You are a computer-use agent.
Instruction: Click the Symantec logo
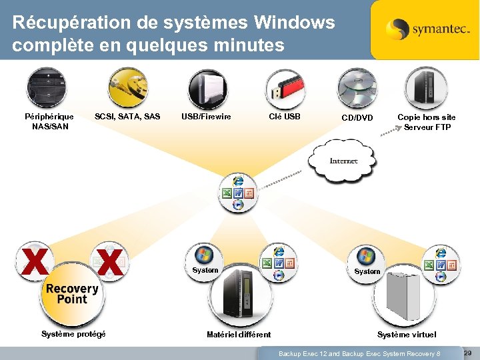(x=424, y=29)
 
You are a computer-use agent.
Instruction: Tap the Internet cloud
(x=343, y=160)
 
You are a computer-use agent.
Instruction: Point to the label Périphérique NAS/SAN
(x=49, y=121)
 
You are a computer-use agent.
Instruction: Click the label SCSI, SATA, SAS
(x=127, y=117)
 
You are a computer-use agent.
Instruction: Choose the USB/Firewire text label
(x=206, y=117)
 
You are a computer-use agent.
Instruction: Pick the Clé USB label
(x=285, y=117)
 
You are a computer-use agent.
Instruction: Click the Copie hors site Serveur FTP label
(x=427, y=122)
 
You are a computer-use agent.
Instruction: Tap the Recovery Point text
(x=72, y=293)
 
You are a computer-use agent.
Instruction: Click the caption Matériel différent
(x=239, y=335)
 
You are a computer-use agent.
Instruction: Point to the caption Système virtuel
(x=407, y=335)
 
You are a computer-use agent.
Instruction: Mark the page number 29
(x=467, y=352)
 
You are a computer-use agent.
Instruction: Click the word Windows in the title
(x=294, y=23)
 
